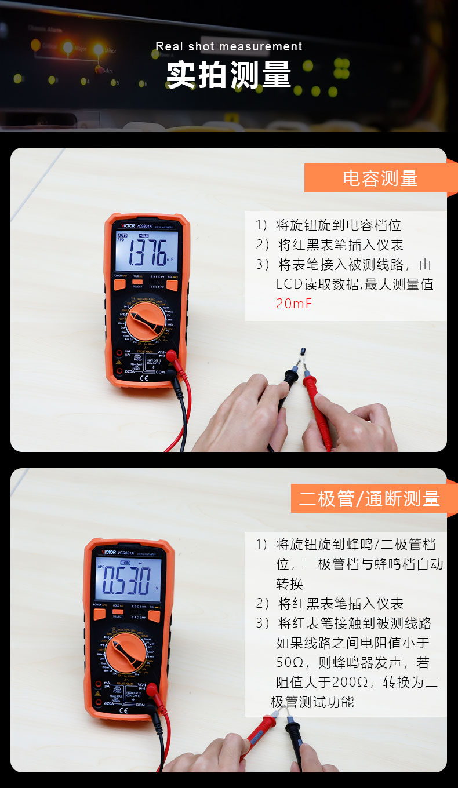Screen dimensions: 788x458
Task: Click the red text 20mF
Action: click(x=294, y=304)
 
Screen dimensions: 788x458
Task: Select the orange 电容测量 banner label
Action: click(x=380, y=178)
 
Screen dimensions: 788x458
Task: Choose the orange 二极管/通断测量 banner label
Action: click(x=370, y=499)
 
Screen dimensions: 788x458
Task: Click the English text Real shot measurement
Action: click(x=229, y=46)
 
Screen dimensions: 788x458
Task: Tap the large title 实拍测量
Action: click(x=229, y=75)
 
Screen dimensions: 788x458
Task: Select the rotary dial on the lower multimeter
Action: click(x=127, y=651)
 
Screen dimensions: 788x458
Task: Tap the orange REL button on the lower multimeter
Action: click(x=154, y=615)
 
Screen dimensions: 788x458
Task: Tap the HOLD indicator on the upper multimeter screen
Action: click(x=143, y=236)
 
